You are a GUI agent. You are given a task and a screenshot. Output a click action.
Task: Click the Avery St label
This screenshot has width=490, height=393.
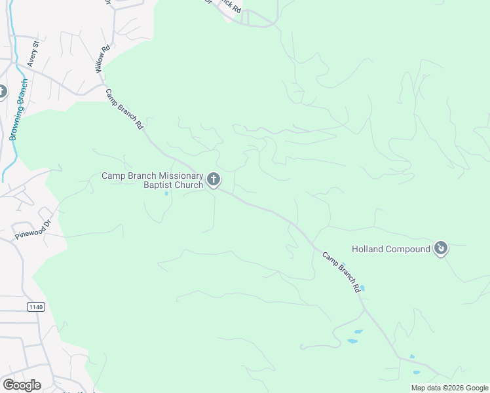(33, 54)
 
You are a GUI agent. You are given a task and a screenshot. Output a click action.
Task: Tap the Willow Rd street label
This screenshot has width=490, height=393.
(102, 58)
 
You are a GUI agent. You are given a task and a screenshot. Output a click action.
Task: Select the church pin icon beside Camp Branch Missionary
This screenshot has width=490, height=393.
(214, 179)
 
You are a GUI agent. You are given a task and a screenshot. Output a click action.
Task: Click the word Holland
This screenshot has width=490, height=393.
(369, 249)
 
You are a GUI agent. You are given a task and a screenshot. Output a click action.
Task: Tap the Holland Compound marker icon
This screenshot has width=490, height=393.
(442, 248)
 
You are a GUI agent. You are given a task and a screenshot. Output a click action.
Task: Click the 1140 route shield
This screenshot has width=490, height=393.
(35, 307)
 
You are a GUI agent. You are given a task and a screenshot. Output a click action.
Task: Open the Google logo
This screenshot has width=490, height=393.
(21, 384)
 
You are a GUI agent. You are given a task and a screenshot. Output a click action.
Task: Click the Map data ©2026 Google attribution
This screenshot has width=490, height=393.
(449, 388)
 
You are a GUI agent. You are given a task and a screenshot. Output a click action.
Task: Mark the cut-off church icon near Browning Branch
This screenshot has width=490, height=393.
(2, 92)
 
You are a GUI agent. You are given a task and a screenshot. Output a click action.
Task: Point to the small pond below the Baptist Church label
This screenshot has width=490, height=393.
(166, 193)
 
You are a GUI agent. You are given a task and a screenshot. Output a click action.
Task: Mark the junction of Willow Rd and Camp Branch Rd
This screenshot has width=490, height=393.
(103, 85)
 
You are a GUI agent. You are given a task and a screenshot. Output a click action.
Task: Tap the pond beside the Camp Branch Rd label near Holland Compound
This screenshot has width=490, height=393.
(362, 288)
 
